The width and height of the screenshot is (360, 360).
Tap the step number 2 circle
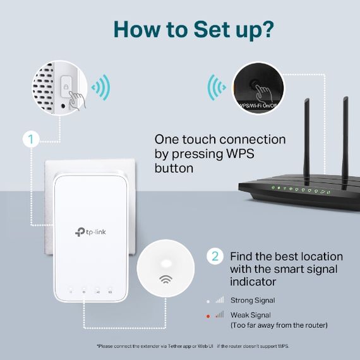[215, 256]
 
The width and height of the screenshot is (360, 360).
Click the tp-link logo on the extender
[92, 232]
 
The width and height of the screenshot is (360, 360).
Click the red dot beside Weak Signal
[208, 315]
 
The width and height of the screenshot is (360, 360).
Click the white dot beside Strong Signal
[208, 301]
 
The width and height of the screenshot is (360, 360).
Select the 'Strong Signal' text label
[252, 301]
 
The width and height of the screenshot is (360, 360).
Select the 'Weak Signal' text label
[250, 315]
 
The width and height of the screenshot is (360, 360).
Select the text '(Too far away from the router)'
[279, 325]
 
